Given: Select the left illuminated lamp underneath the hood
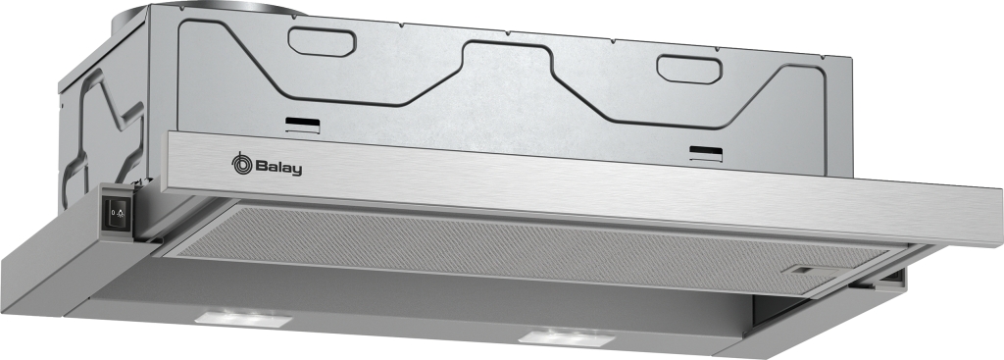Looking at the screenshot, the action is point(243,317).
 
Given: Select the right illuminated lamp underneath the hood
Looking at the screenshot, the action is point(566,336).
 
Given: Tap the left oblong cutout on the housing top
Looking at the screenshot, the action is point(322,41).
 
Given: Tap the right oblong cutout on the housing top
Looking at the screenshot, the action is point(689,69).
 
